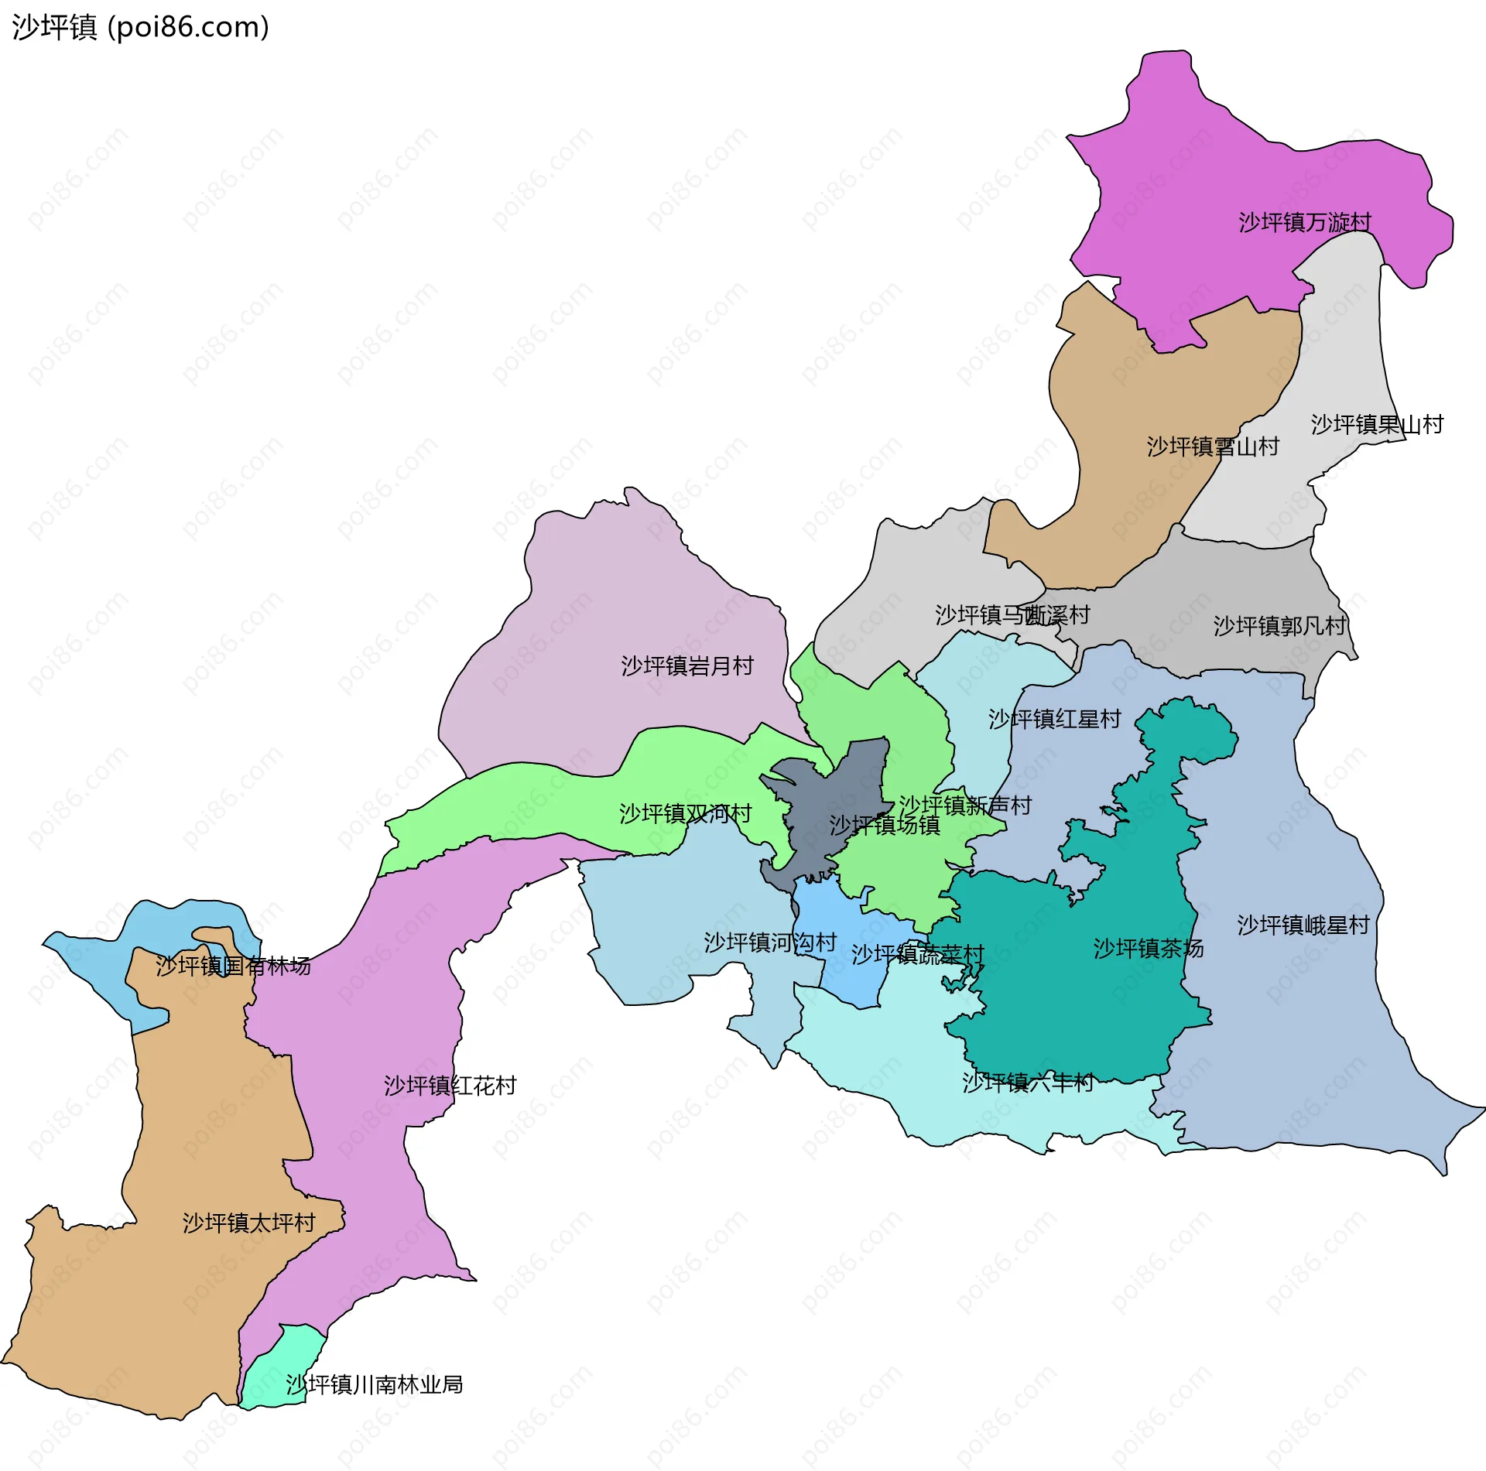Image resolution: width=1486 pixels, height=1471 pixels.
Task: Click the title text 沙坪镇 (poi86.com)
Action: click(x=140, y=27)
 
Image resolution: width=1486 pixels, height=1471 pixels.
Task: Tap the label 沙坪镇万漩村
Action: click(x=1304, y=223)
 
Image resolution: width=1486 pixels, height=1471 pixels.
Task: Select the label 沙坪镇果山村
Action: click(x=1376, y=424)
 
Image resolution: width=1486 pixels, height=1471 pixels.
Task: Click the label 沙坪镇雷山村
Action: click(x=1212, y=446)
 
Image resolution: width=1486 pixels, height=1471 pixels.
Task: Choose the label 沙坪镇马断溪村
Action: click(x=1012, y=615)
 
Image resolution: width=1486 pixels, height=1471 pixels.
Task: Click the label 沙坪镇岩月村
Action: click(x=687, y=665)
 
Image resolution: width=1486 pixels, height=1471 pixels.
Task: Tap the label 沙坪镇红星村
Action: click(x=1054, y=719)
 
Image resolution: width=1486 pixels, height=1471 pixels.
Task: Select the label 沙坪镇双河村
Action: click(x=685, y=813)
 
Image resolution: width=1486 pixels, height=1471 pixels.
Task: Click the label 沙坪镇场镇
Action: click(x=884, y=825)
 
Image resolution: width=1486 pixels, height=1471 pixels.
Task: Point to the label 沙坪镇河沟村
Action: click(x=769, y=942)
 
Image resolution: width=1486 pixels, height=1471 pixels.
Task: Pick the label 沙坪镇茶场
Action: click(x=1148, y=948)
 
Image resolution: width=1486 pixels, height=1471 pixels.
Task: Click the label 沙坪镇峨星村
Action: click(x=1303, y=925)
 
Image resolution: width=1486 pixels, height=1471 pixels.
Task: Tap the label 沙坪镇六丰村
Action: click(x=1027, y=1083)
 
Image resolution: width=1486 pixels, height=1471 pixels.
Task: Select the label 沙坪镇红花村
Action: click(x=450, y=1086)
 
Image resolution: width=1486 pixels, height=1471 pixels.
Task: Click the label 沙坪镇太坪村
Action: click(x=248, y=1223)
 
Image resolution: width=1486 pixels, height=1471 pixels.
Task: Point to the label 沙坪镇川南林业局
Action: click(x=374, y=1384)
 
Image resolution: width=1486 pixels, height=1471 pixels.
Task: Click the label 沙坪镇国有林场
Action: click(x=233, y=966)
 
